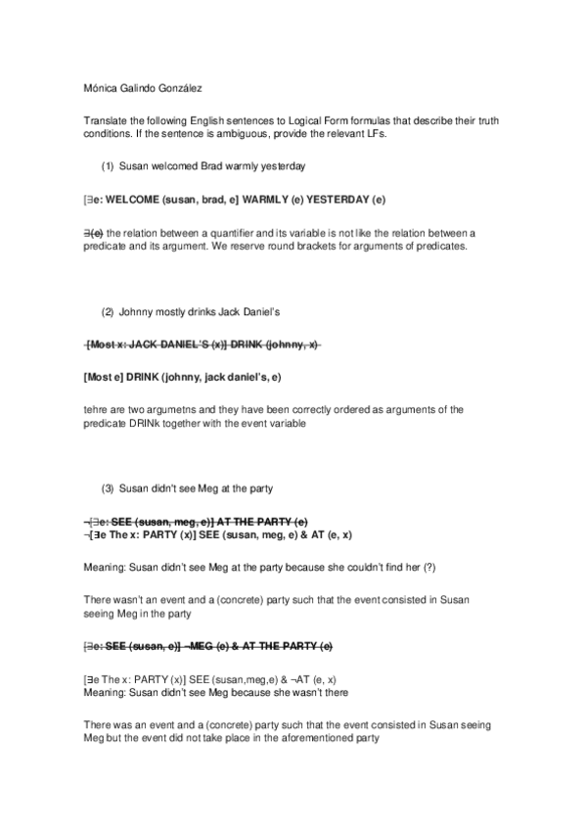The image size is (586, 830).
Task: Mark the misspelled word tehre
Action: point(95,409)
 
